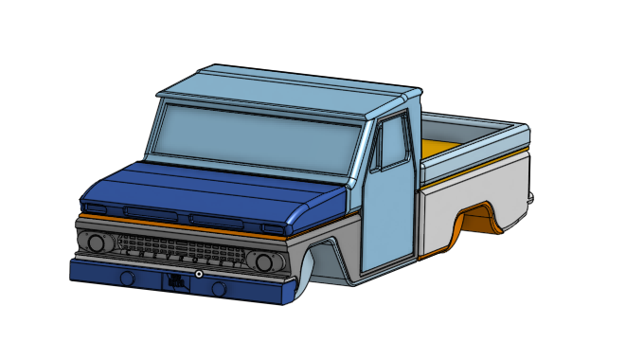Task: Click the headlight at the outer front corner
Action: coord(96,243)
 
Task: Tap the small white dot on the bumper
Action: coord(199,274)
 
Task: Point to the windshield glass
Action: coord(256,138)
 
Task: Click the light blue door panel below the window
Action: coord(388,218)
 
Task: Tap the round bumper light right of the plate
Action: coord(219,288)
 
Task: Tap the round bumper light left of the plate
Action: coord(125,278)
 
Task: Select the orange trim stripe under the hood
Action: coord(189,224)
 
